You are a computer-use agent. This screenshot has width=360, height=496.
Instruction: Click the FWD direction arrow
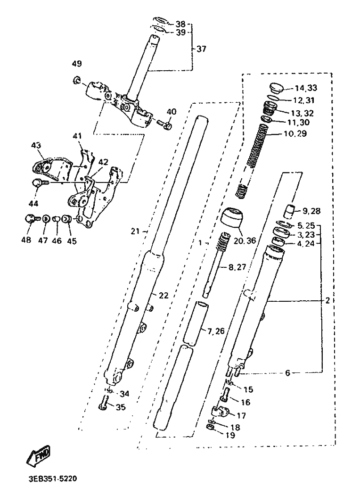[x=38, y=455]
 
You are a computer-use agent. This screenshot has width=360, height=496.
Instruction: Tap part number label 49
[x=76, y=64]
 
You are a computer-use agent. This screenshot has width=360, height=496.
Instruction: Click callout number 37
[x=201, y=49]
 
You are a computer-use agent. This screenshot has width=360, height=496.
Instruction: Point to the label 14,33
[x=306, y=88]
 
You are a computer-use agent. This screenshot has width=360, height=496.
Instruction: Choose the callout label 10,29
[x=295, y=134]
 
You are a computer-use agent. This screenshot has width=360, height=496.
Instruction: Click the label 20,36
[x=245, y=241]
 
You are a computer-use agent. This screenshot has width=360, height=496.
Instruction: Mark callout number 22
[x=164, y=296]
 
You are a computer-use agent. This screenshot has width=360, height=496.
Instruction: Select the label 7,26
[x=216, y=331]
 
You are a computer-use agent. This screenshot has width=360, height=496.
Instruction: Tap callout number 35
[x=121, y=407]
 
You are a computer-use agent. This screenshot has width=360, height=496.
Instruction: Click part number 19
[x=231, y=436]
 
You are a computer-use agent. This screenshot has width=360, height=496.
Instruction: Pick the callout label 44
[x=33, y=204]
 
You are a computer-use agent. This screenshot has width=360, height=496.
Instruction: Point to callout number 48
[x=26, y=240]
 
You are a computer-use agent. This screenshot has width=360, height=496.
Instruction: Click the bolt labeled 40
[x=164, y=124]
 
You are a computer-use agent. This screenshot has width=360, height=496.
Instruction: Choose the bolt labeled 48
[x=32, y=218]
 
